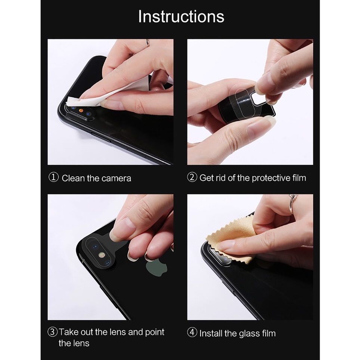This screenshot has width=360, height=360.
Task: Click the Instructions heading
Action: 181,17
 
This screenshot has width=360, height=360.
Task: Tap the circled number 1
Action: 54,178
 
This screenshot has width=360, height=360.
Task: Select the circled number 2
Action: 192,178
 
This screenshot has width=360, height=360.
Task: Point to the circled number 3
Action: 53,332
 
